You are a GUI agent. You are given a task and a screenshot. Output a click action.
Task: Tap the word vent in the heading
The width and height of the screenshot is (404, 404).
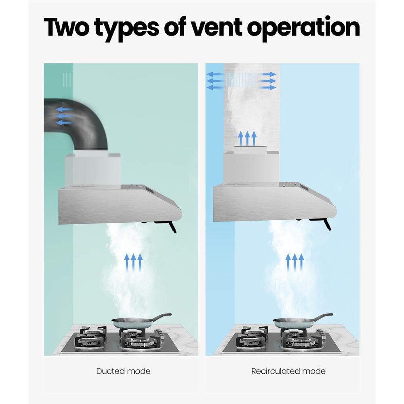217,27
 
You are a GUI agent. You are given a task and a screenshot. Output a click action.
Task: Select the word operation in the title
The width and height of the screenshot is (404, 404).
303,28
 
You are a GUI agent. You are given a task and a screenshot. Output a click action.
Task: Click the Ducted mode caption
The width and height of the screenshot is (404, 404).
123,371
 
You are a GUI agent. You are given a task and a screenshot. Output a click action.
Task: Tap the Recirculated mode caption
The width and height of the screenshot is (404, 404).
288,371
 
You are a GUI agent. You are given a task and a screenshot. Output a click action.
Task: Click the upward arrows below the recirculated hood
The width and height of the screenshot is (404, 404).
295,262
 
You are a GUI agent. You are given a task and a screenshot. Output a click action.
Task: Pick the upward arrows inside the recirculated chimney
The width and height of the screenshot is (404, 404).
247,138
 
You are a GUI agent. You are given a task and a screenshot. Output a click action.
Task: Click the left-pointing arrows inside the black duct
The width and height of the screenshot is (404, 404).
64,116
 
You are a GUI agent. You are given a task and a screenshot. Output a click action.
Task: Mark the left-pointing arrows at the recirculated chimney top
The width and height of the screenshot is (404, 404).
215,81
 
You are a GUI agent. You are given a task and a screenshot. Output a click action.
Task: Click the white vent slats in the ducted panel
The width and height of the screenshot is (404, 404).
68,80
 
